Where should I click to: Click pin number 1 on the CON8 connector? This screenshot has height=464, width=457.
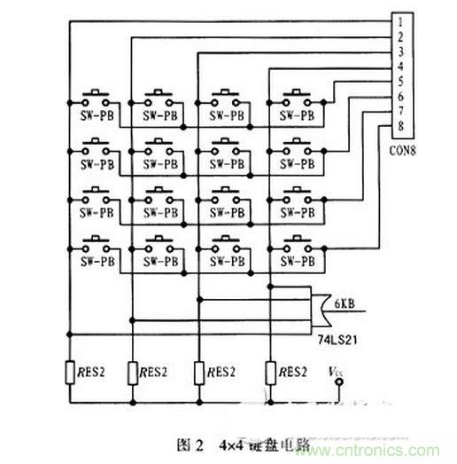tap(400, 20)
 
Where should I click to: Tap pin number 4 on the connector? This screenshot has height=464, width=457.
tap(400, 65)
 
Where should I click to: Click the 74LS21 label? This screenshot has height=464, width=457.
tap(328, 338)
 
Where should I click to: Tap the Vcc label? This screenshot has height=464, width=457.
tap(335, 371)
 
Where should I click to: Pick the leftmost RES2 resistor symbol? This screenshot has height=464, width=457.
tap(70, 372)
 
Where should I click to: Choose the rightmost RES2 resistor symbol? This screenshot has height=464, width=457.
tap(269, 372)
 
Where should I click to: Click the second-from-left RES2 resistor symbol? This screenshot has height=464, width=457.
tap(133, 372)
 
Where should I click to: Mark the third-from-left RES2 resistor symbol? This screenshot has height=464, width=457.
tap(202, 372)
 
